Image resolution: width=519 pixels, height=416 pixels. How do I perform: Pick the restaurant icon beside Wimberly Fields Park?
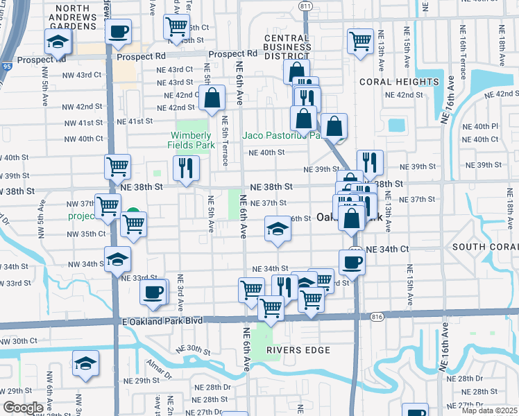pyautogui.click(x=185, y=167)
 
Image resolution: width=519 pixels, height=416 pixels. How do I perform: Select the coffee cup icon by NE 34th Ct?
pyautogui.click(x=352, y=261)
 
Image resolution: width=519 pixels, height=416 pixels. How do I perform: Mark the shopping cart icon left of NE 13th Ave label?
pyautogui.click(x=360, y=41)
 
